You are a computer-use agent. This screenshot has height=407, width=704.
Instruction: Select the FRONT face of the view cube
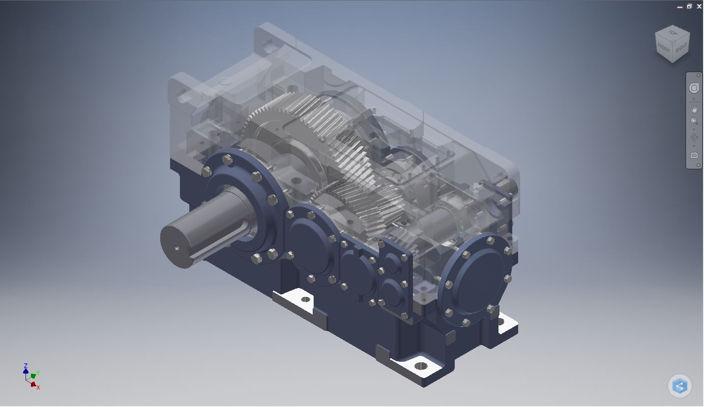pyautogui.click(x=664, y=49)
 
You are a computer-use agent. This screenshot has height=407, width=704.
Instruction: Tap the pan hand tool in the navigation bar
pyautogui.click(x=694, y=109)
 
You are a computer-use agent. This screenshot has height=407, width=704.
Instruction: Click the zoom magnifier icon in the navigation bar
pyautogui.click(x=694, y=121)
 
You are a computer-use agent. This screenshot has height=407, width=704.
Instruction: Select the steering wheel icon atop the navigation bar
pyautogui.click(x=694, y=88)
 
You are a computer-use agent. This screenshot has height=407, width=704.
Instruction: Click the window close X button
pyautogui.click(x=699, y=6)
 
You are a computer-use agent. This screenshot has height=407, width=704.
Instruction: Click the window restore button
pyautogui.click(x=689, y=6)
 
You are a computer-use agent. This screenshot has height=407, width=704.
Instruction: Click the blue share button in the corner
pyautogui.click(x=680, y=386)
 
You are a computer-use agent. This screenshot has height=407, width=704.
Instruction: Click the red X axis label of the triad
pyautogui.click(x=38, y=388)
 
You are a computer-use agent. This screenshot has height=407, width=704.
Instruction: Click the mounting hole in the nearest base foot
pyautogui.click(x=421, y=366)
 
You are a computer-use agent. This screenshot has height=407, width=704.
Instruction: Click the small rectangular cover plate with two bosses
pyautogui.click(x=393, y=278)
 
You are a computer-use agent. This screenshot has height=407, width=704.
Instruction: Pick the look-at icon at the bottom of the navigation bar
pyautogui.click(x=694, y=155)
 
